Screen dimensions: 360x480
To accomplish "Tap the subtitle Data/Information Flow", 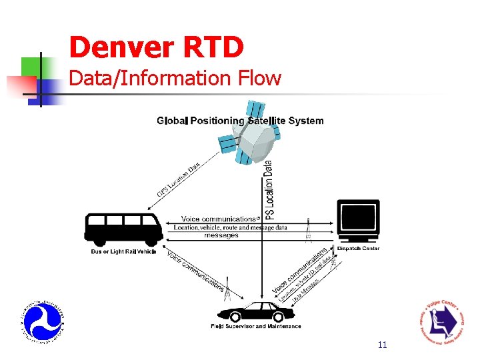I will pyautogui.click(x=175, y=79).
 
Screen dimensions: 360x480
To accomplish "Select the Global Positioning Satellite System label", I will pyautogui.click(x=240, y=121).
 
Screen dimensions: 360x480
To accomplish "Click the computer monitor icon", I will pyautogui.click(x=358, y=221).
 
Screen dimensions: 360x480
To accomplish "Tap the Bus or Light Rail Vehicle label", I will pyautogui.click(x=123, y=252).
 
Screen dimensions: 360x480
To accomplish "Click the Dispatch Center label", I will pyautogui.click(x=358, y=249).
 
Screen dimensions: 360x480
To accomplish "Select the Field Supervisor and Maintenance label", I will pyautogui.click(x=257, y=327).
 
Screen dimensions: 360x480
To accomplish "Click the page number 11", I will pyautogui.click(x=382, y=345).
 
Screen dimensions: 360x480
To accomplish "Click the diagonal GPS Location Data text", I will pyautogui.click(x=178, y=179).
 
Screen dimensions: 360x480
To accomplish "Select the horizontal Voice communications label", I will pyautogui.click(x=219, y=219).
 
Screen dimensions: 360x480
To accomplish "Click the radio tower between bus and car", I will pyautogui.click(x=227, y=289).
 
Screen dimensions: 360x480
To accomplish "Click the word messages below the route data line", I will pyautogui.click(x=221, y=235).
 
